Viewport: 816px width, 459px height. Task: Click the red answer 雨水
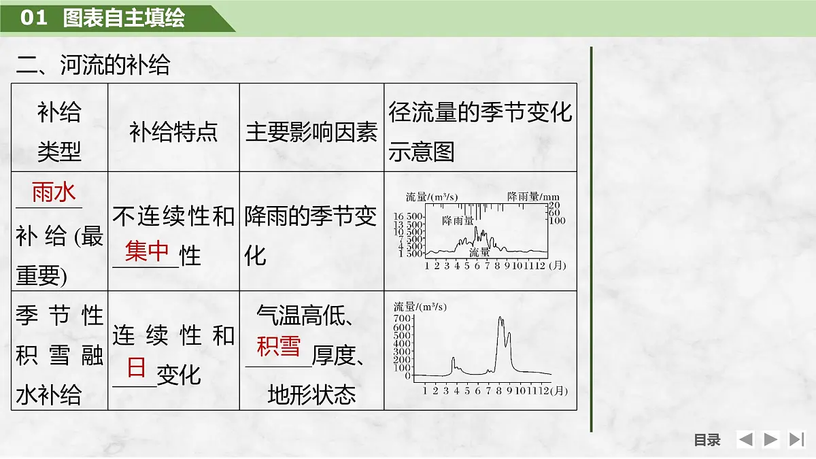click(x=54, y=193)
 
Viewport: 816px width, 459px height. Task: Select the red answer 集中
click(x=147, y=252)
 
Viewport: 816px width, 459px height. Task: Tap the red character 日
click(x=136, y=368)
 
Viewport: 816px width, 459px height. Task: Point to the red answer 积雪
click(x=278, y=347)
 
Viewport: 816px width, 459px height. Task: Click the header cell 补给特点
click(x=173, y=132)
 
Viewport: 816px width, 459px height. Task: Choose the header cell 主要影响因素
click(x=311, y=132)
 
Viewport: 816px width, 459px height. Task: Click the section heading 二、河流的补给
click(x=93, y=65)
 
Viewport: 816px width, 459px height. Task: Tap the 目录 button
click(x=707, y=440)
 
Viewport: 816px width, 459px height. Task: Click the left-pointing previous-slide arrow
click(x=745, y=440)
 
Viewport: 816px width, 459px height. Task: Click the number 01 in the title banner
click(x=33, y=18)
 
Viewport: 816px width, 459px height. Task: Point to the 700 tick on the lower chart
click(x=402, y=318)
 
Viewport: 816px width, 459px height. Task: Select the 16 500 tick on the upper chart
click(x=409, y=216)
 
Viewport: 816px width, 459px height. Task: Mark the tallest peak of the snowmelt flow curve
click(x=500, y=318)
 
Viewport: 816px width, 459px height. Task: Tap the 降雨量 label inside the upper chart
click(x=458, y=220)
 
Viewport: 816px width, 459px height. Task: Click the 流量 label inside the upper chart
click(x=479, y=252)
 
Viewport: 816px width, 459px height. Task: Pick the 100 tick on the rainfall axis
click(x=557, y=220)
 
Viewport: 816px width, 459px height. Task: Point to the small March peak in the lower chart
click(x=453, y=358)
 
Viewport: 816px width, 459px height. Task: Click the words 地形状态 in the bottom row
click(x=311, y=395)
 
